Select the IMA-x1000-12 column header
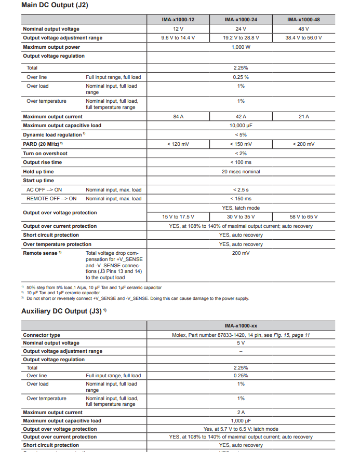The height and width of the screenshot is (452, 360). click(x=178, y=20)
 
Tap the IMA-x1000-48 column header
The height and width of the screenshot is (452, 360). click(x=303, y=20)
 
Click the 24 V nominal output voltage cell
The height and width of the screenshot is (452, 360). click(x=241, y=29)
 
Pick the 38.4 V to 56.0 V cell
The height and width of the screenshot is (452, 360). click(x=303, y=38)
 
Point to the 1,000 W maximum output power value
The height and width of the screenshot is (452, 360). click(x=241, y=47)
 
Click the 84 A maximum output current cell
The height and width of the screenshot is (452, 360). click(x=178, y=117)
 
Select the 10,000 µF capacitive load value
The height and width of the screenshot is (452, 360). click(x=241, y=126)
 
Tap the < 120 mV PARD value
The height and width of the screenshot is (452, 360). click(x=178, y=144)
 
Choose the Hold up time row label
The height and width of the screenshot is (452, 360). click(x=38, y=172)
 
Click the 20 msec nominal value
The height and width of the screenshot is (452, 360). click(x=241, y=172)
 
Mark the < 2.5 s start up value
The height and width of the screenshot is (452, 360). click(x=241, y=190)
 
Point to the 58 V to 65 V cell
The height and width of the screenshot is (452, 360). click(x=303, y=217)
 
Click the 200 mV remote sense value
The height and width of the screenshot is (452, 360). click(x=241, y=253)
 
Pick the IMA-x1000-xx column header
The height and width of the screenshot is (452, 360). click(x=241, y=325)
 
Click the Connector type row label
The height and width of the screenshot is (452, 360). click(x=42, y=335)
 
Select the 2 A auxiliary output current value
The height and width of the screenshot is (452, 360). click(x=241, y=413)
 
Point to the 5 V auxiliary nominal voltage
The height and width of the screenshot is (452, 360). click(x=241, y=343)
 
